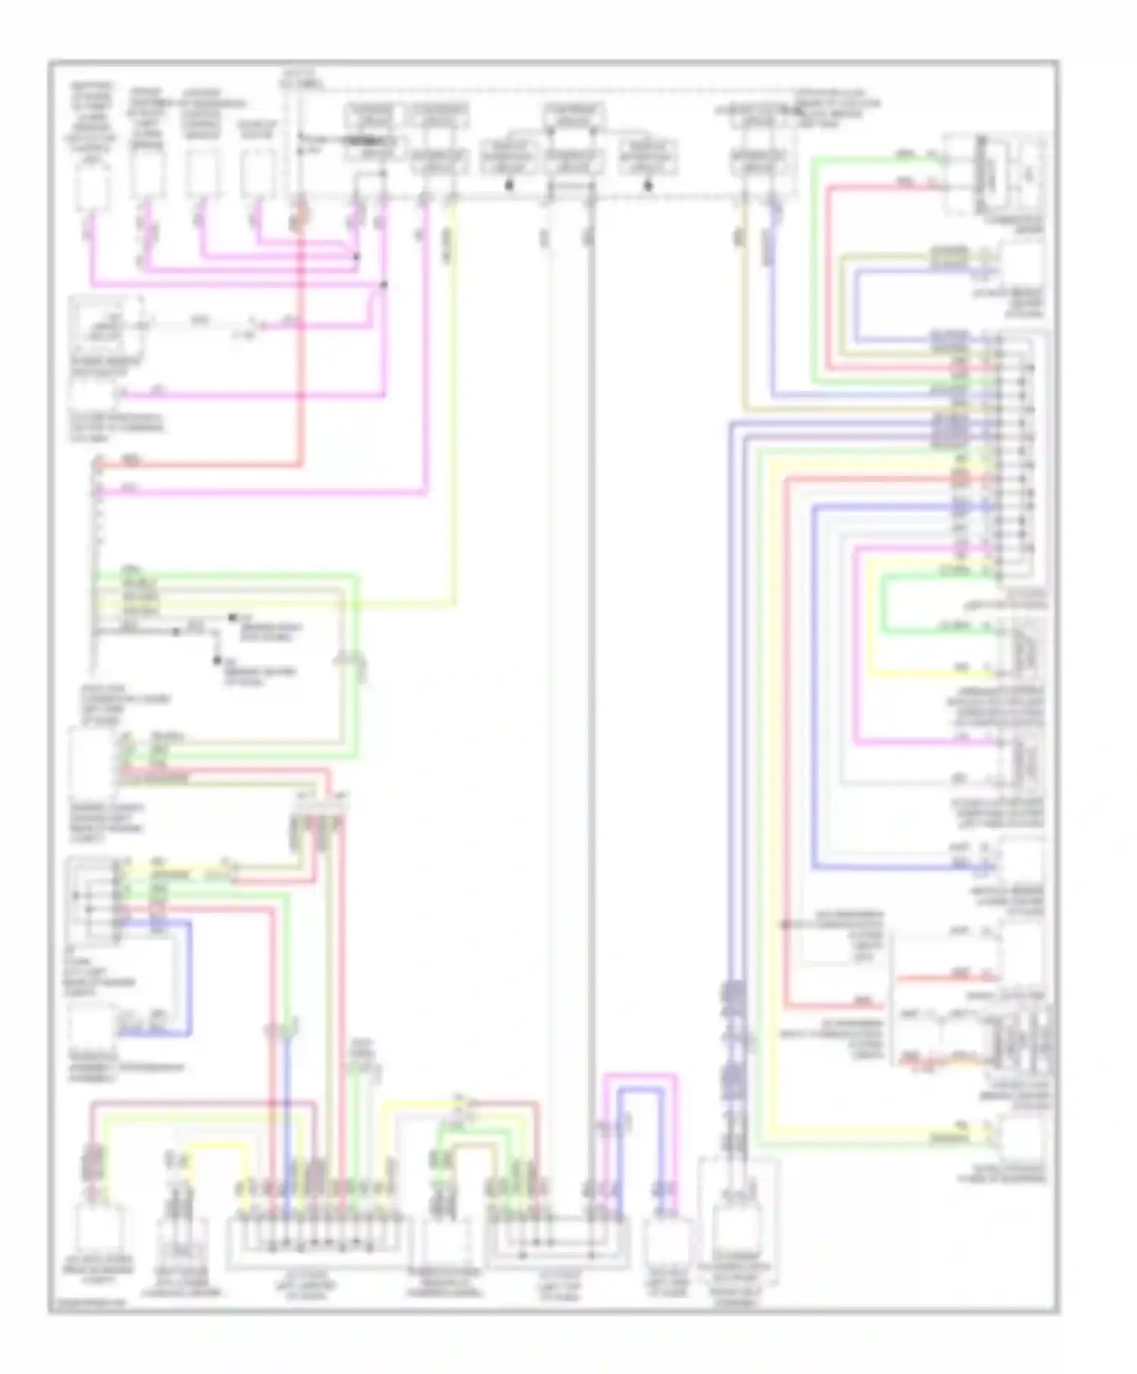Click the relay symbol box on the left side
tap(107, 324)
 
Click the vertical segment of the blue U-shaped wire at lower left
tap(189, 978)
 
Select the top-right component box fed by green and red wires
tap(995, 174)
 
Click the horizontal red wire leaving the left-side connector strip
tap(197, 464)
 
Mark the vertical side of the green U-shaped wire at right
tap(884, 604)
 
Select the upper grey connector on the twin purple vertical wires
tap(733, 994)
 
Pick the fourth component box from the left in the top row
tap(258, 174)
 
